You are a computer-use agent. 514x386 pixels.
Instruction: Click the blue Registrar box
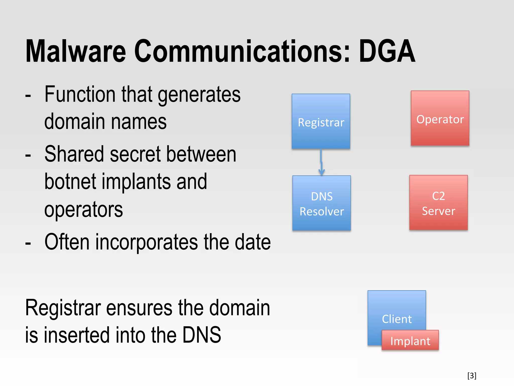click(321, 121)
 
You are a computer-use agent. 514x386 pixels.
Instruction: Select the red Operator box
click(440, 118)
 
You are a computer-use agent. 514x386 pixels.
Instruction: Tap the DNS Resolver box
click(322, 203)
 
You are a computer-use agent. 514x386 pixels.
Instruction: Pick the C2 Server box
click(438, 203)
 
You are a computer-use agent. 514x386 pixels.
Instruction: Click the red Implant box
click(410, 340)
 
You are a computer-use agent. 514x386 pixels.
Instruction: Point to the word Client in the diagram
click(397, 319)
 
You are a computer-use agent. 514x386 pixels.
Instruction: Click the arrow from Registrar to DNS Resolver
click(321, 162)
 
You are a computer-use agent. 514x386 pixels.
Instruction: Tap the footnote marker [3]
click(472, 375)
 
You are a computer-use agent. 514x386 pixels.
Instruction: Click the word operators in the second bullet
click(84, 210)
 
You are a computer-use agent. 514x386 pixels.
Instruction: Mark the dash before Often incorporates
click(28, 243)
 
